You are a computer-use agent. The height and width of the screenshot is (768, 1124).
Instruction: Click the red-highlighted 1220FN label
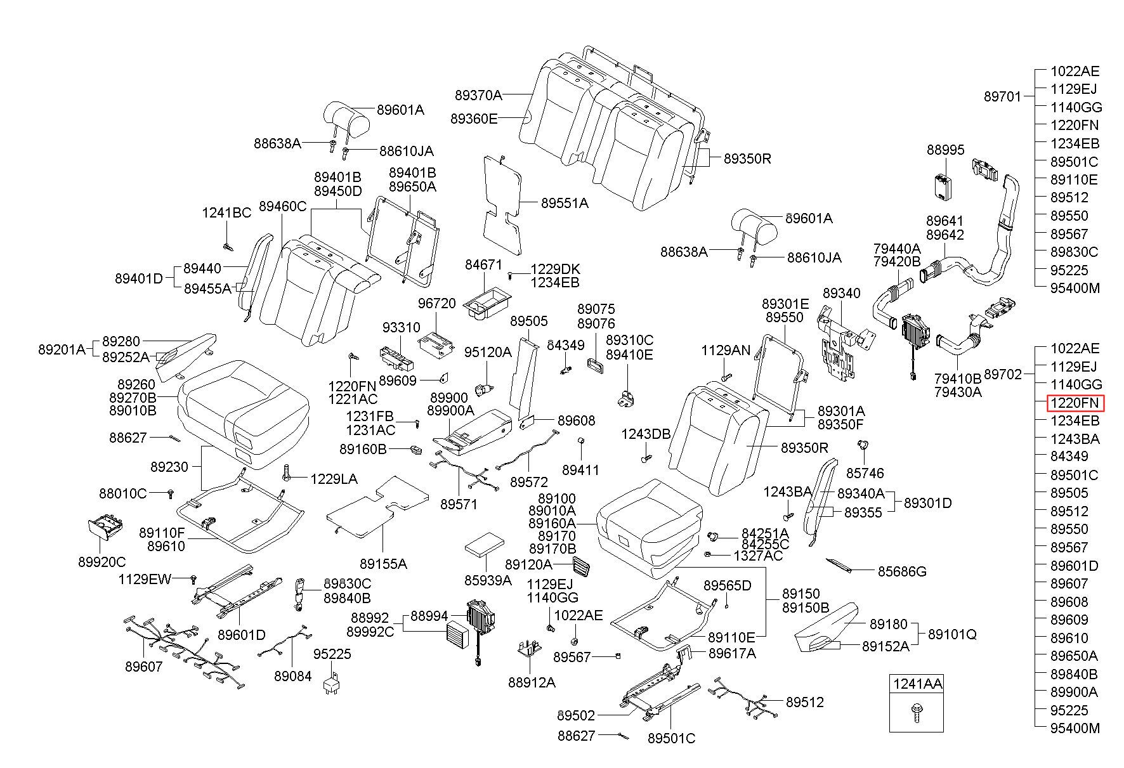[1075, 403]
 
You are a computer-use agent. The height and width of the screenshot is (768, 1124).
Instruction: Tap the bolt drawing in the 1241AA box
[915, 713]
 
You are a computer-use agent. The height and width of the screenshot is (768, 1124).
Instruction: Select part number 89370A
[478, 95]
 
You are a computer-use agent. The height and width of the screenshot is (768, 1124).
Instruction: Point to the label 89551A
[565, 203]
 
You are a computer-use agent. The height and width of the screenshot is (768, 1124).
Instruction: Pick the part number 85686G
[902, 571]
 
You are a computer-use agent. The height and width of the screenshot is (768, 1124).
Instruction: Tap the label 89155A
[383, 563]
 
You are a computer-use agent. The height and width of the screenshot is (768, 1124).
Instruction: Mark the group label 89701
[1003, 96]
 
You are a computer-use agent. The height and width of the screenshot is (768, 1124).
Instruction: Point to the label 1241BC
[226, 213]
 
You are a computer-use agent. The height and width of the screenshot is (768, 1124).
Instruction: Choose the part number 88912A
[532, 682]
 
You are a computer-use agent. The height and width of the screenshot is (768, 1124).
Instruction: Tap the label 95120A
[487, 352]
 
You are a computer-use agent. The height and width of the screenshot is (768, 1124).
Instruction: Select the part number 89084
[293, 676]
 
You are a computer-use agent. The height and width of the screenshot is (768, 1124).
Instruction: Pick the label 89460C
[283, 207]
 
